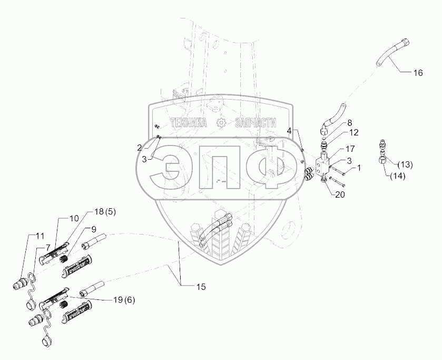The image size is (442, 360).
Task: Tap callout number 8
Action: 349,123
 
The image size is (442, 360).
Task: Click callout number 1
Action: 359,168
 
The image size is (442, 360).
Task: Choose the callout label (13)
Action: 404,164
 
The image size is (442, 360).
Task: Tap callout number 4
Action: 289,130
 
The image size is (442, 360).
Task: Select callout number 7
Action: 47,246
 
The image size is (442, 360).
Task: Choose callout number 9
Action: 94,229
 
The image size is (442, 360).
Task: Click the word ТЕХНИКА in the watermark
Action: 190,122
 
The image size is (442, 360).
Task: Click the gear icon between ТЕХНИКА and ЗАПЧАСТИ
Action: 222,122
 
